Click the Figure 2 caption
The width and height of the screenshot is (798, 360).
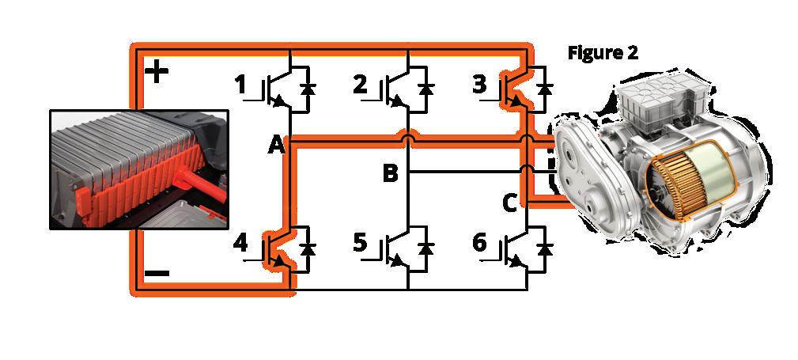point(603,53)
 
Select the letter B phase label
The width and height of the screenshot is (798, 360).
point(390,173)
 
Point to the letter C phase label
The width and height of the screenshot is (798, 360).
point(509,203)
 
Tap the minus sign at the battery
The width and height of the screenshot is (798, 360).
point(157,274)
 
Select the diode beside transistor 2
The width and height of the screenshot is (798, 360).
point(427,89)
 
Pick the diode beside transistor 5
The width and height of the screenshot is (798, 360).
point(427,248)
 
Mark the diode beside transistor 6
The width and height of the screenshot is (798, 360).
point(544,248)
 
